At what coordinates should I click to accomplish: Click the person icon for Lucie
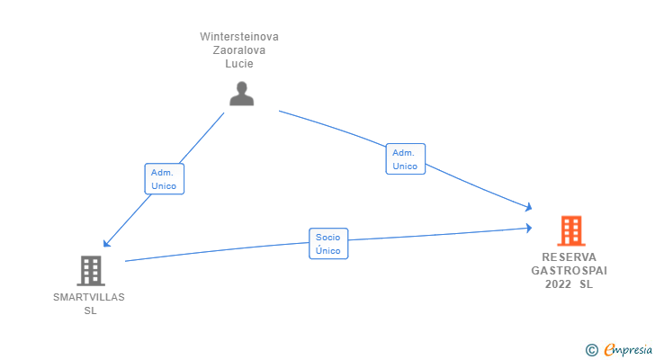pos(241,94)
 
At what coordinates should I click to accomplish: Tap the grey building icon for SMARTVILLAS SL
pos(91,271)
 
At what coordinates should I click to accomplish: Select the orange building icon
pos(571,230)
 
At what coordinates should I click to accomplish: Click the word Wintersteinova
pos(239,37)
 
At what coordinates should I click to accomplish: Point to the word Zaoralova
pos(239,50)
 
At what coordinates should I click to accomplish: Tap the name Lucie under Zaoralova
pos(239,64)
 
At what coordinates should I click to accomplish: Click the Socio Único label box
pos(328,244)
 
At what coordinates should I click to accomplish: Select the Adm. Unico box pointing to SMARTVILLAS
pos(164,179)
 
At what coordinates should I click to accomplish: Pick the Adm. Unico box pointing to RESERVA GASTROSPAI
pos(405,158)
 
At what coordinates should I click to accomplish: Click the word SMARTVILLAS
pos(89,297)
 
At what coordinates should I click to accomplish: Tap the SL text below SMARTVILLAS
pos(90,310)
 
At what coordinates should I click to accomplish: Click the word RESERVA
pos(569,257)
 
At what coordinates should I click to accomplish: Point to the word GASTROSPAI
pos(569,271)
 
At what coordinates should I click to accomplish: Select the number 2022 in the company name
pos(558,284)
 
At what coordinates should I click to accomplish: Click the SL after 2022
pos(586,284)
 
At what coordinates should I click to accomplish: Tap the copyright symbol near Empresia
pos(591,350)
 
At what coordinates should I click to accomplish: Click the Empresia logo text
pos(628,349)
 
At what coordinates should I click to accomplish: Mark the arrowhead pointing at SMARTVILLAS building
pos(106,244)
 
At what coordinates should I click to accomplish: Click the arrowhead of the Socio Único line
pos(529,228)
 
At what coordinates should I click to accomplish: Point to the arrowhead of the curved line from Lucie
pos(529,207)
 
